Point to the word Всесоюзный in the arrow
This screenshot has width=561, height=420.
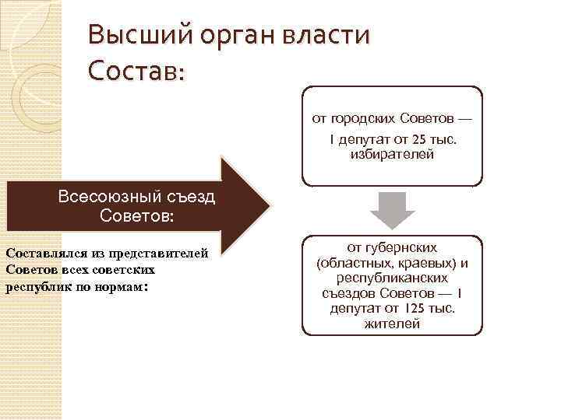(x=105, y=198)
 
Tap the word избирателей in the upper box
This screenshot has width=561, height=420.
(x=392, y=155)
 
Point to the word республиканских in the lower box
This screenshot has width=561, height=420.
(x=392, y=278)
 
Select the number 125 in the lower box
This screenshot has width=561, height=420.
(x=411, y=309)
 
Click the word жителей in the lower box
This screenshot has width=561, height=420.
(x=392, y=324)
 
